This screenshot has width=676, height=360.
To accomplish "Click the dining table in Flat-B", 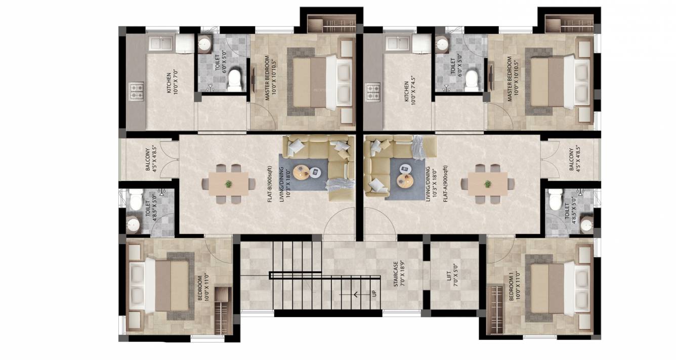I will pyautogui.click(x=229, y=184).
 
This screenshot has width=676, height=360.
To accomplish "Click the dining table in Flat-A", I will pyautogui.click(x=487, y=184).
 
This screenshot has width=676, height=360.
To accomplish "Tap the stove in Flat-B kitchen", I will pyautogui.click(x=137, y=91).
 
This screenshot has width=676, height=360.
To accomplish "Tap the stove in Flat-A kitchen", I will pyautogui.click(x=373, y=91).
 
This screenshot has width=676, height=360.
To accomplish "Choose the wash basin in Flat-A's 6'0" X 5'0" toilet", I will pyautogui.click(x=442, y=45).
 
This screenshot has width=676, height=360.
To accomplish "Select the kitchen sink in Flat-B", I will pyautogui.click(x=161, y=43).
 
